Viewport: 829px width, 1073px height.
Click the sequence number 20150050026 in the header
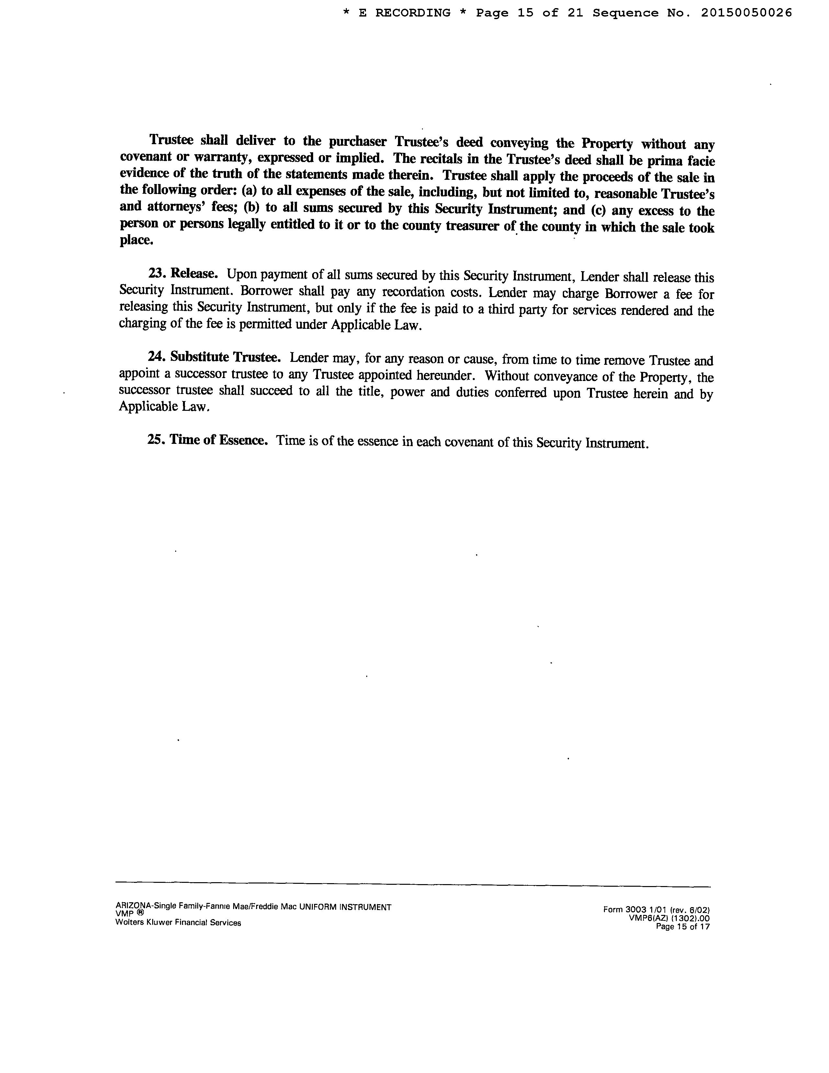pos(746,13)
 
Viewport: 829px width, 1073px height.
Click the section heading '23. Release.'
pos(183,273)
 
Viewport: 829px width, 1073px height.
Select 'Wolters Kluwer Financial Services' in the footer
pos(178,923)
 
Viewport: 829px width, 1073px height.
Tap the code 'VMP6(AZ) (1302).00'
pos(669,918)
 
